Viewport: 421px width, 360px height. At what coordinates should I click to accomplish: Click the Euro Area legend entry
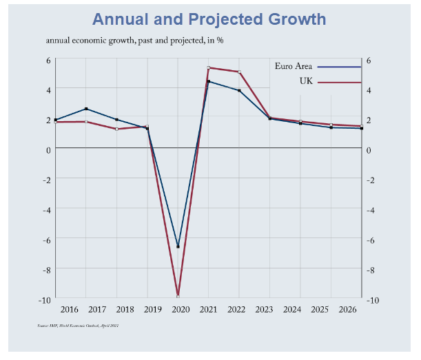(x=294, y=67)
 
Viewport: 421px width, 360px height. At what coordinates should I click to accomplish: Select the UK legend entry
(x=306, y=82)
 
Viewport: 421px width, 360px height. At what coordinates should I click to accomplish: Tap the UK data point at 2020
(x=178, y=295)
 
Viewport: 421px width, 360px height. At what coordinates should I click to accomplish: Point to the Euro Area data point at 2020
(x=178, y=246)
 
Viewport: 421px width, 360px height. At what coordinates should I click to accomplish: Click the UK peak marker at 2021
(x=208, y=67)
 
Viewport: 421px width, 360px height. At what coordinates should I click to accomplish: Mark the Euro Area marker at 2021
(x=208, y=82)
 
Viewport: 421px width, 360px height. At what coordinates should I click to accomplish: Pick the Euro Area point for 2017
(x=86, y=109)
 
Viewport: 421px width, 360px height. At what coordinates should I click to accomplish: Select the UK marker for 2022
(x=239, y=72)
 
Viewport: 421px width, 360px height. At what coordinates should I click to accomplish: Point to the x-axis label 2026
(x=347, y=310)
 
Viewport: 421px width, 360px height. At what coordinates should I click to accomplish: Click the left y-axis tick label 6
(x=48, y=60)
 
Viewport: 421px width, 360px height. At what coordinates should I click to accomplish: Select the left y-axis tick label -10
(x=45, y=300)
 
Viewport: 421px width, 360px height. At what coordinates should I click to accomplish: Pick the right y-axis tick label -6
(x=371, y=240)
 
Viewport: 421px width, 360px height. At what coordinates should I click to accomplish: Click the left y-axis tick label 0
(x=48, y=149)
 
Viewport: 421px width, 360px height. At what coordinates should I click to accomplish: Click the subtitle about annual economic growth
(x=134, y=40)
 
